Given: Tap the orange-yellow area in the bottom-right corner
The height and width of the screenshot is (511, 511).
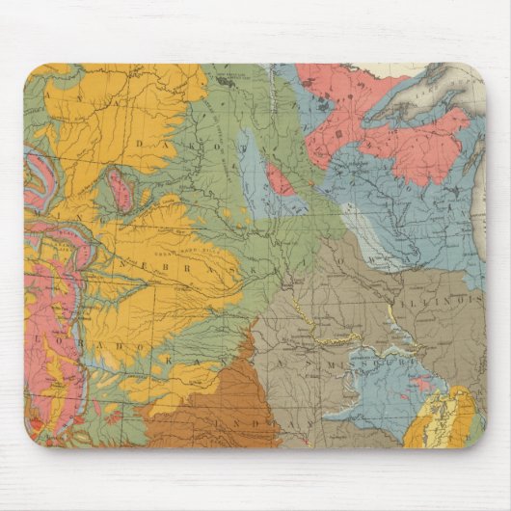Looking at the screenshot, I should point(440,419).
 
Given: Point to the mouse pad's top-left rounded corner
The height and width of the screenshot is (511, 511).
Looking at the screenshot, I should point(31,70).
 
